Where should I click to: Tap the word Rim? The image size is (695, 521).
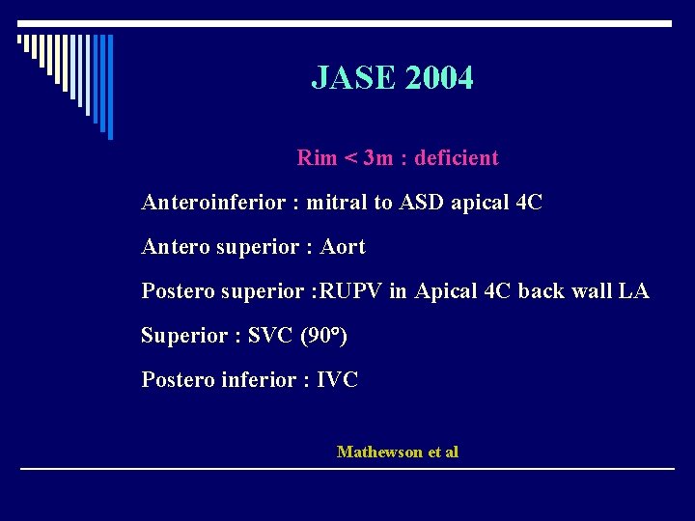tap(317, 158)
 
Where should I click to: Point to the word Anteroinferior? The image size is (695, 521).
tap(213, 203)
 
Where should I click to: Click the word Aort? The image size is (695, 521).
tap(343, 247)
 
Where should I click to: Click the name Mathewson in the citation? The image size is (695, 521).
tap(378, 452)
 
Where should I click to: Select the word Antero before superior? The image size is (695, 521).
tap(172, 247)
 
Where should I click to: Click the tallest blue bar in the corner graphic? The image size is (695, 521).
tap(109, 87)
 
